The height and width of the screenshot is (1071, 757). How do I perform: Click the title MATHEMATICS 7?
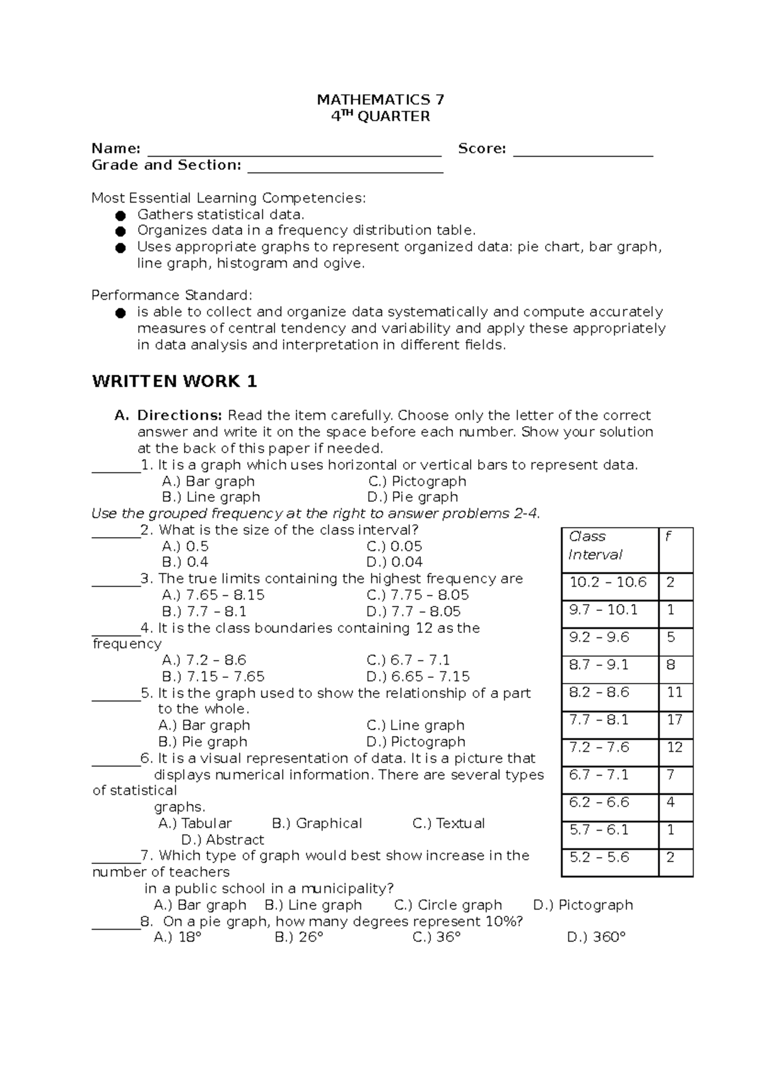click(380, 100)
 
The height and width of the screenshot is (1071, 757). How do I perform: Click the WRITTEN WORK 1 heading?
click(175, 381)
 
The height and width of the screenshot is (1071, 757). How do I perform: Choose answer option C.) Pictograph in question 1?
click(417, 481)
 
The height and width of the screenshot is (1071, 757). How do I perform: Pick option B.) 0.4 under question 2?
click(185, 562)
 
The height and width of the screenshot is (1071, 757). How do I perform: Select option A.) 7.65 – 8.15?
click(213, 595)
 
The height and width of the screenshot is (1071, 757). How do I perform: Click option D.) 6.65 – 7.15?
click(418, 677)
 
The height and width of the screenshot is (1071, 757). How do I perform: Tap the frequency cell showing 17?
click(674, 719)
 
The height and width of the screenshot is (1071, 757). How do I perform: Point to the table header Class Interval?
click(596, 545)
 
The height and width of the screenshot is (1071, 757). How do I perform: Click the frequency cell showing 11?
click(674, 692)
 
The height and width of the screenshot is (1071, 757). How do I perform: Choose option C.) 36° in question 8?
click(437, 937)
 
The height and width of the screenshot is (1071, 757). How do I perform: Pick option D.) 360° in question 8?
click(596, 937)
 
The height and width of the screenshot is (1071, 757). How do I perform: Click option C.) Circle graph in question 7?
click(448, 905)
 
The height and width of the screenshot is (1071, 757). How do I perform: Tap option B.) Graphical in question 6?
click(317, 823)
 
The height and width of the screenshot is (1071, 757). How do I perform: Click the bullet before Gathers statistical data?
click(120, 215)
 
